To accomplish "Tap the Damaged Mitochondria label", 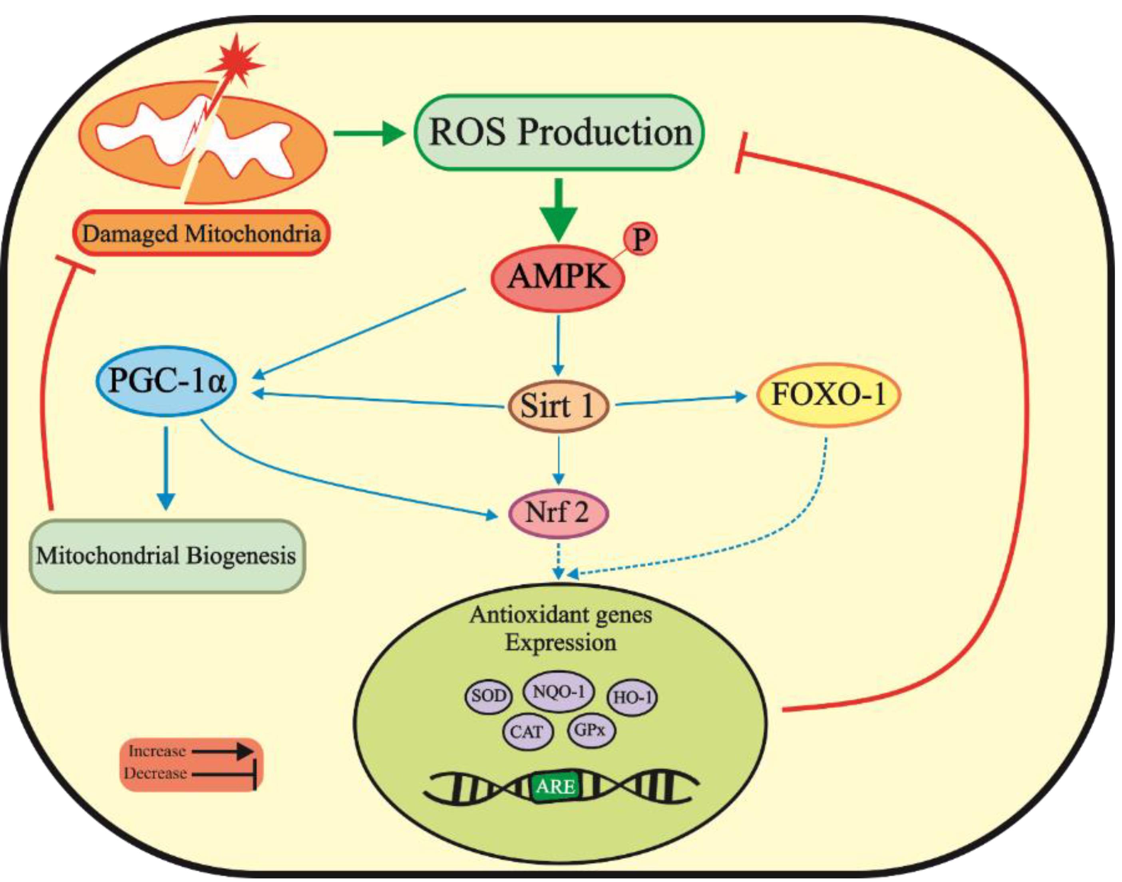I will click(201, 233).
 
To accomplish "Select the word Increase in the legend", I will click(157, 751).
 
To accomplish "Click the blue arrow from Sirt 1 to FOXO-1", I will click(682, 400).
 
